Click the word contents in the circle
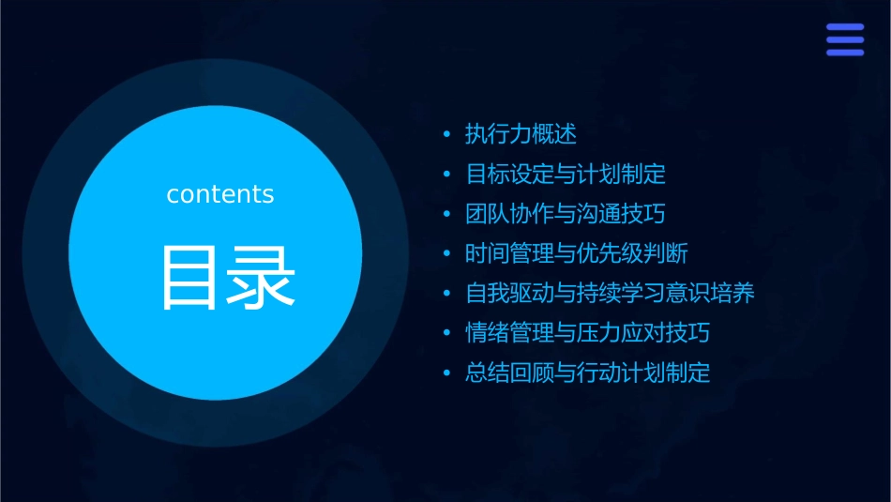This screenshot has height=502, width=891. (220, 194)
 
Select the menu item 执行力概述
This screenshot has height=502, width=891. (521, 134)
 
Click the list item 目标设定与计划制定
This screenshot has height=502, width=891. (566, 175)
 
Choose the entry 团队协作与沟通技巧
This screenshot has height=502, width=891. (566, 214)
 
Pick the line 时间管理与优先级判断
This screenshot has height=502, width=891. (578, 253)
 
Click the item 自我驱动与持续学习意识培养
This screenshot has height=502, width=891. (610, 294)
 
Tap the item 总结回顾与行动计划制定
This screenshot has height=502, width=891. (588, 373)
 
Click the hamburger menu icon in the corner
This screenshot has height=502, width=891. (845, 39)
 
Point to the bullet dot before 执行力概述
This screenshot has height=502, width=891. (447, 135)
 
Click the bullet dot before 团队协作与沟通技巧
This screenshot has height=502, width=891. (447, 215)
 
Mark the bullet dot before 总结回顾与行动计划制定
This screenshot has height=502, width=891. (447, 373)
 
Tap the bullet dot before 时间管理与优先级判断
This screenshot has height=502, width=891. (447, 254)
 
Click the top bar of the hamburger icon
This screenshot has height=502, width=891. (845, 27)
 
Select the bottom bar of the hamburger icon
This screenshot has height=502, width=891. (845, 53)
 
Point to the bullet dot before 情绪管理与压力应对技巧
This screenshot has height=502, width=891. (447, 334)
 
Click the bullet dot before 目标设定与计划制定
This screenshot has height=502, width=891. (447, 175)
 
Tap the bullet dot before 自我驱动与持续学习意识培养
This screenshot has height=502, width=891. (447, 295)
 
